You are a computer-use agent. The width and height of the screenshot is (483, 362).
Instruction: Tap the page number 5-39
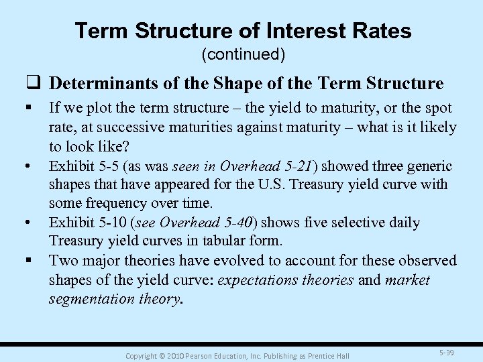coord(445,351)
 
